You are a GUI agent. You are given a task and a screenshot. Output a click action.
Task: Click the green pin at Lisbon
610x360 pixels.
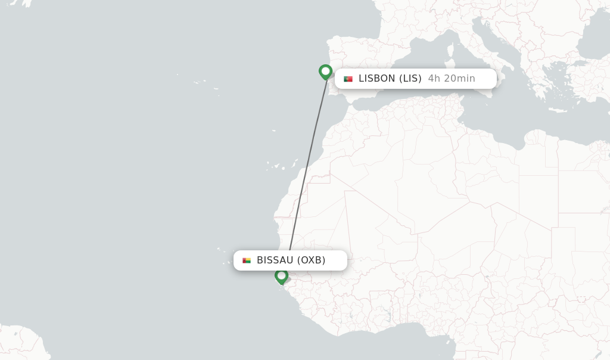(x=325, y=72)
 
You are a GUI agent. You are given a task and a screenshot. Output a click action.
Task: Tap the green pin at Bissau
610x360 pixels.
(x=281, y=276)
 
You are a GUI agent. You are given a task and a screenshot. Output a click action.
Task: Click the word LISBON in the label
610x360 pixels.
(x=377, y=79)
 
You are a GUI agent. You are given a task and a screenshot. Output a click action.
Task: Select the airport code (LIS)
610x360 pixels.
(x=410, y=79)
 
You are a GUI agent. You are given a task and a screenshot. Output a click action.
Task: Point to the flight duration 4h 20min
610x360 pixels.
(x=452, y=79)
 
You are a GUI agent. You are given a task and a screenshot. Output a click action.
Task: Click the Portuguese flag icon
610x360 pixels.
(x=348, y=79)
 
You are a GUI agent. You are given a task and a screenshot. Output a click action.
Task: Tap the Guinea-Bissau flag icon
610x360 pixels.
(x=247, y=260)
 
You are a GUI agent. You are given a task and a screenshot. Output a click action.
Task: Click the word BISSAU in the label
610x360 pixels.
(x=275, y=260)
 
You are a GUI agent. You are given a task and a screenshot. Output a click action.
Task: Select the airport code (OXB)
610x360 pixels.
(x=312, y=260)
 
